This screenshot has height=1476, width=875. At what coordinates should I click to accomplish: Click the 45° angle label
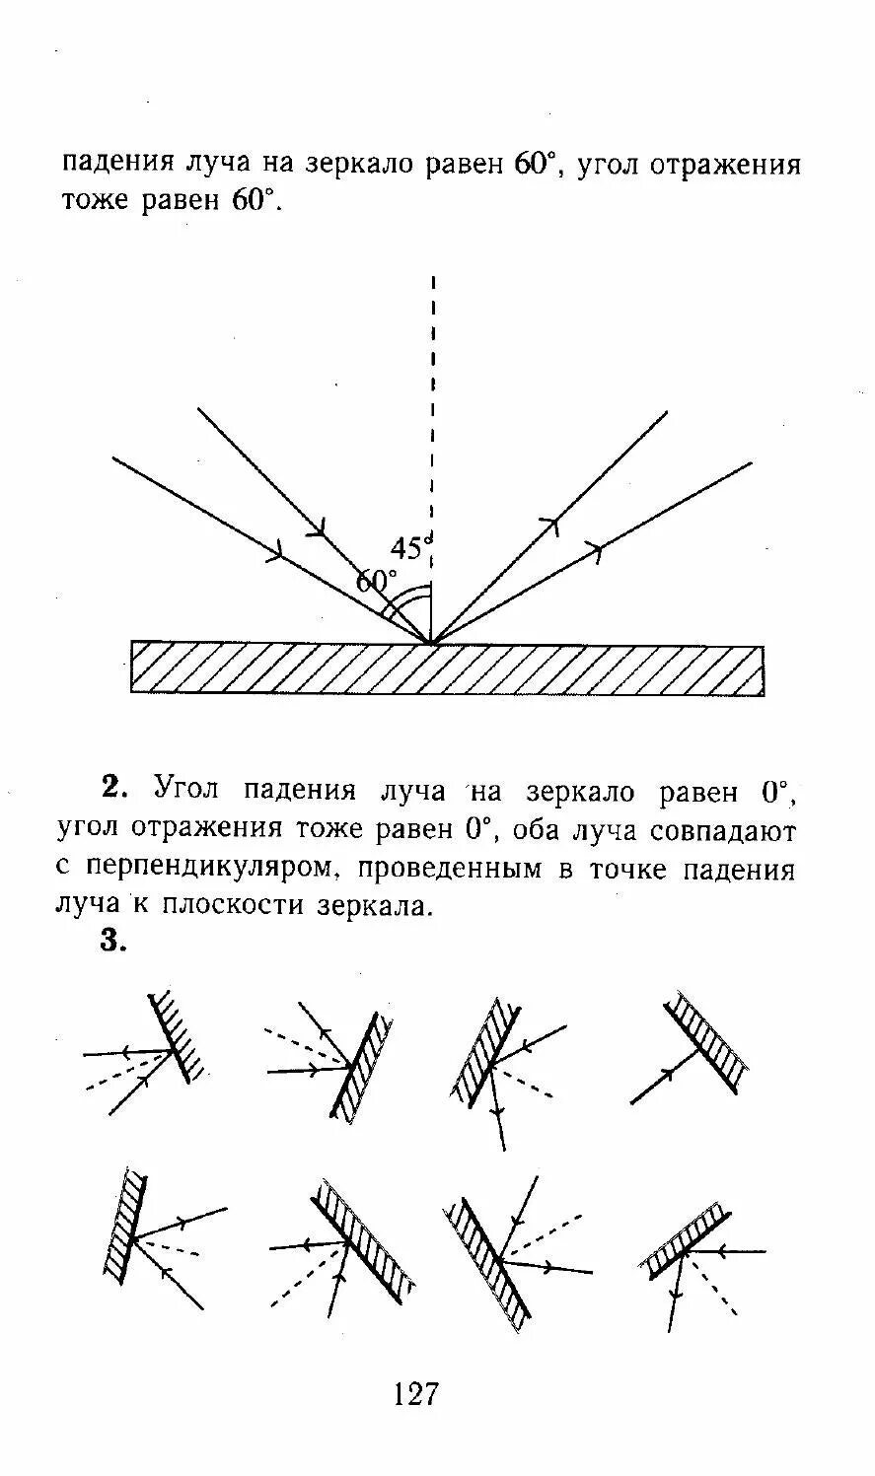tap(410, 548)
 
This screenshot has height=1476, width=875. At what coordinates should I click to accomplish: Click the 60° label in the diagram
tap(376, 582)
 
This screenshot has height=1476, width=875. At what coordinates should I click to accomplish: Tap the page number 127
tap(415, 1393)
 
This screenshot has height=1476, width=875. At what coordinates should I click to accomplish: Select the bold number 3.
tap(114, 941)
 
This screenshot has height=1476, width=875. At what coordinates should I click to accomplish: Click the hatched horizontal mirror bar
tap(447, 668)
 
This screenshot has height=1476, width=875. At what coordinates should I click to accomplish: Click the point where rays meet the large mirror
tap(431, 644)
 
